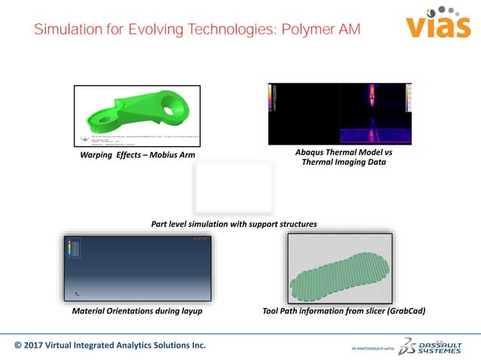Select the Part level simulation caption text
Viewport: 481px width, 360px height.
[233, 224]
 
